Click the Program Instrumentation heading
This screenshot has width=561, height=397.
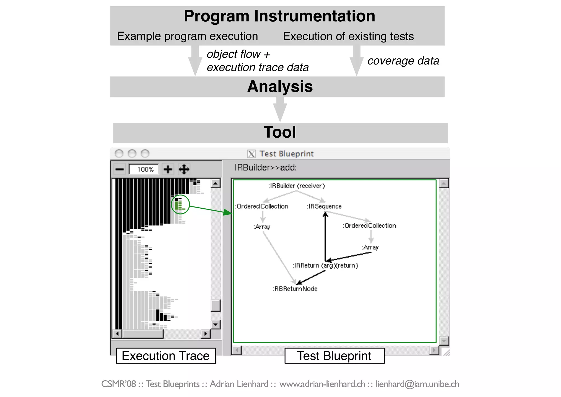point(279,16)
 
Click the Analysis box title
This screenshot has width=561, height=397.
point(280,87)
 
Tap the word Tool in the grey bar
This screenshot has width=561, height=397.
point(280,132)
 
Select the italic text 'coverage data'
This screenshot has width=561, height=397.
point(403,61)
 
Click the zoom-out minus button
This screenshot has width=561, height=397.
point(120,169)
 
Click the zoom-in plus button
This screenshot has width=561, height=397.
point(168,169)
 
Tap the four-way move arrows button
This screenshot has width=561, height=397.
point(184,169)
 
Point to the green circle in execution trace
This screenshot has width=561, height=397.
point(180,205)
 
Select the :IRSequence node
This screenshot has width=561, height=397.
point(324,206)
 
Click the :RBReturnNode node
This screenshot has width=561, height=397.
point(295,289)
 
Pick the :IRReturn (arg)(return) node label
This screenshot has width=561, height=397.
point(325,265)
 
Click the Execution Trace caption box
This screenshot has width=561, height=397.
point(166,356)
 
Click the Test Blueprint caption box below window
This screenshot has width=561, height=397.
point(334,356)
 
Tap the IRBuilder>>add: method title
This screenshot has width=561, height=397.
point(265,168)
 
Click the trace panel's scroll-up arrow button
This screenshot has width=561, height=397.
point(216,183)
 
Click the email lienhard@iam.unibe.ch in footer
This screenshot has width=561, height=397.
point(417,384)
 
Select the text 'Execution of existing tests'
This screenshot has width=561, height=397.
point(348,36)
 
